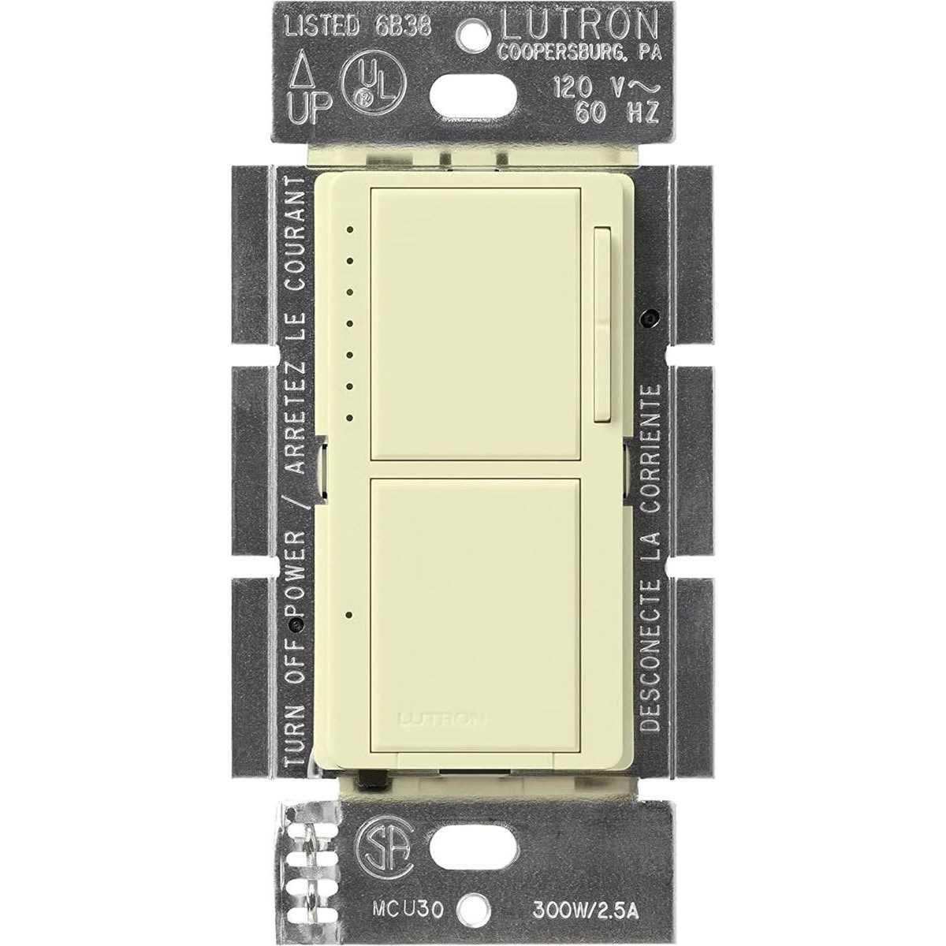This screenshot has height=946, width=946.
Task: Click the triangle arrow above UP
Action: click(x=305, y=80)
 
